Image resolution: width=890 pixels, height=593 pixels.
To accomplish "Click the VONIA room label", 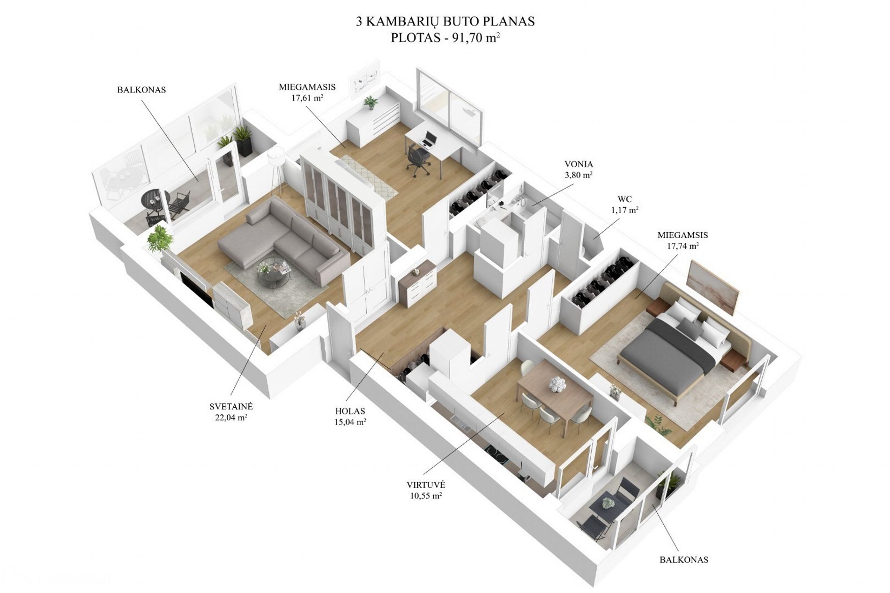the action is [x=578, y=164].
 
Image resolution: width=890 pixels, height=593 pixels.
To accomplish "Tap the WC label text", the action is [x=624, y=199].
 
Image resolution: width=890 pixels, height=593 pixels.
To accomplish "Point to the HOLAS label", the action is [x=350, y=411].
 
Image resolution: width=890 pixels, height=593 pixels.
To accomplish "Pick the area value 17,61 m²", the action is [x=307, y=98].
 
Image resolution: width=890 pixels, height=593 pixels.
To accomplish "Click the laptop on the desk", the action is [x=430, y=139].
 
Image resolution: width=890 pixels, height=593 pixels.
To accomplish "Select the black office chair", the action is [x=418, y=159].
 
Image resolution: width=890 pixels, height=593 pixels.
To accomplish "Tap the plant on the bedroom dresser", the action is [x=371, y=102].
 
